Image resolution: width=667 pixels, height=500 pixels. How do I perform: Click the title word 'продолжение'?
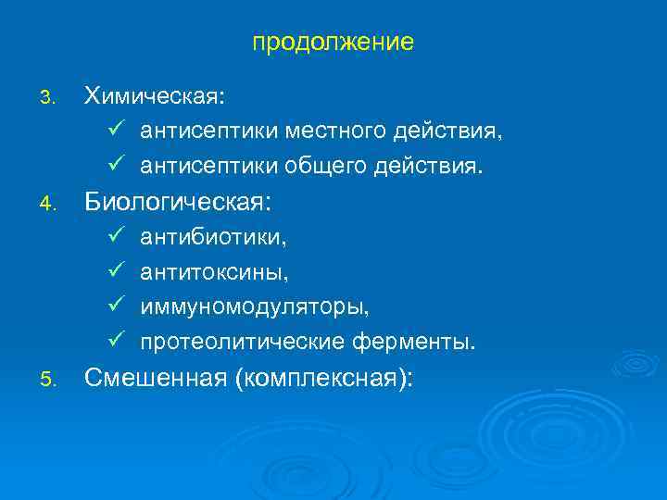(333, 44)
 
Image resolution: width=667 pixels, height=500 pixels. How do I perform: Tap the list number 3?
(52, 97)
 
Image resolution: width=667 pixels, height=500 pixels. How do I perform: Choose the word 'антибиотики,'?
(213, 238)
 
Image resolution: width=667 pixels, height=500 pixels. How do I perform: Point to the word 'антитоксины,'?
(214, 272)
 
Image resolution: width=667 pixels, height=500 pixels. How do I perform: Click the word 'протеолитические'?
(242, 343)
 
